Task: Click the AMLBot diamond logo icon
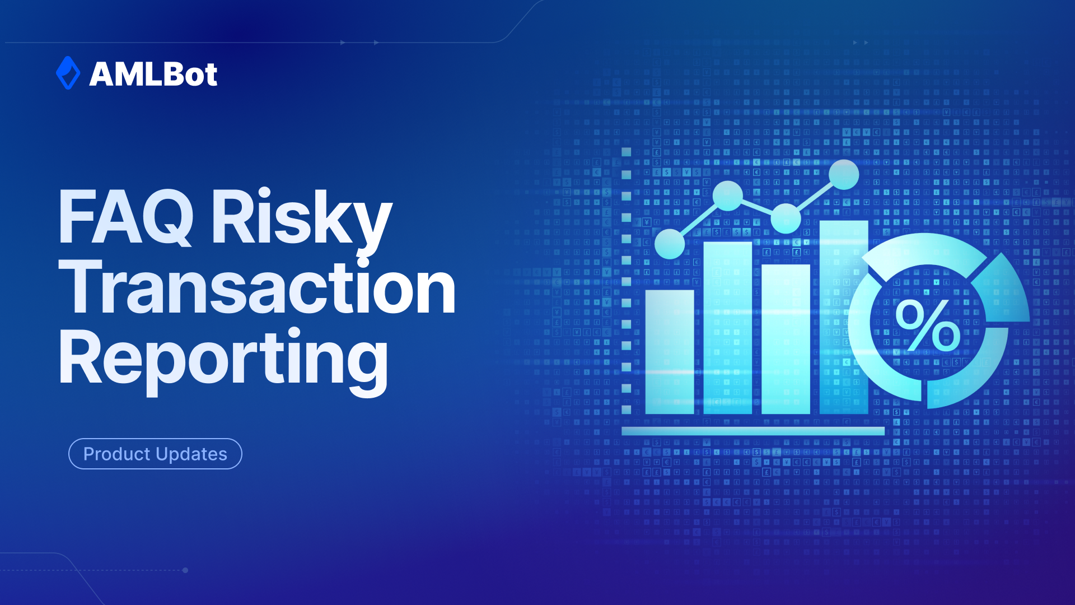(68, 73)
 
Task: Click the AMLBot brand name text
(153, 74)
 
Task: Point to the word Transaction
(258, 288)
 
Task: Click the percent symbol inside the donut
(928, 325)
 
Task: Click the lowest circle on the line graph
(670, 244)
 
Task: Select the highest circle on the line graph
(844, 175)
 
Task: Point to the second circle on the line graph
(728, 196)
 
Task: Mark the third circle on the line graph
(786, 218)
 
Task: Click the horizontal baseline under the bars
(753, 431)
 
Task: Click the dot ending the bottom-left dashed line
(185, 570)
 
